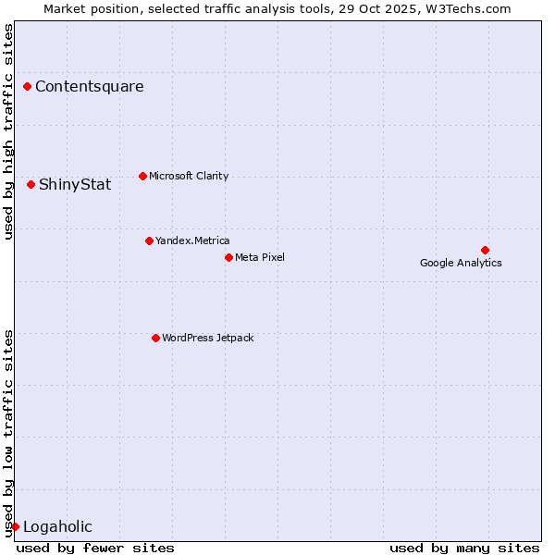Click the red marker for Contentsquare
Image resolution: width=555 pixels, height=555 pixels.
click(28, 87)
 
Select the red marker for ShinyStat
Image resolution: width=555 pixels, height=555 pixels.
click(31, 185)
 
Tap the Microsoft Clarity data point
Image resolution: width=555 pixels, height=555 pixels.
click(142, 176)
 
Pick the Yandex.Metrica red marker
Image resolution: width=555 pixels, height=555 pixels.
click(149, 241)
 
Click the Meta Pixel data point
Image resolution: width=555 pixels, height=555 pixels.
click(228, 257)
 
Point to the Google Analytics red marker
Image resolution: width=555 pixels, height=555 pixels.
click(485, 250)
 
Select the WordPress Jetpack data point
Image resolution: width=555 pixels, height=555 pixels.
click(155, 338)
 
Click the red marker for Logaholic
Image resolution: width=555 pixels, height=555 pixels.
click(15, 526)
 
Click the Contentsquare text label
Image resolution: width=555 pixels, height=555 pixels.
click(90, 87)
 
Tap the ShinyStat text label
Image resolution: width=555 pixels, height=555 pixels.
click(75, 185)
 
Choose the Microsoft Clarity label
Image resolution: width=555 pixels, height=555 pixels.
click(189, 176)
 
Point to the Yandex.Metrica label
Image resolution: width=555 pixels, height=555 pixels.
click(192, 241)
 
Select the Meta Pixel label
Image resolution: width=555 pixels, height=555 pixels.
click(260, 257)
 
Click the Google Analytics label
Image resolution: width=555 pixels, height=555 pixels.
click(461, 263)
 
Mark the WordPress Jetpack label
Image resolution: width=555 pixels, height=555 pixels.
click(207, 338)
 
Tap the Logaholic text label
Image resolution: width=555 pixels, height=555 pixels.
click(57, 527)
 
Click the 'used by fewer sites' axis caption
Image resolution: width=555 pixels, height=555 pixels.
click(95, 548)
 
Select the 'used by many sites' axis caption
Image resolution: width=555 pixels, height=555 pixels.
click(464, 548)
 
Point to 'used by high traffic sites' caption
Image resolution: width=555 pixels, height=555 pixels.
click(9, 131)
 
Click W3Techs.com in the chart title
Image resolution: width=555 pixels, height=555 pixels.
click(469, 9)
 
